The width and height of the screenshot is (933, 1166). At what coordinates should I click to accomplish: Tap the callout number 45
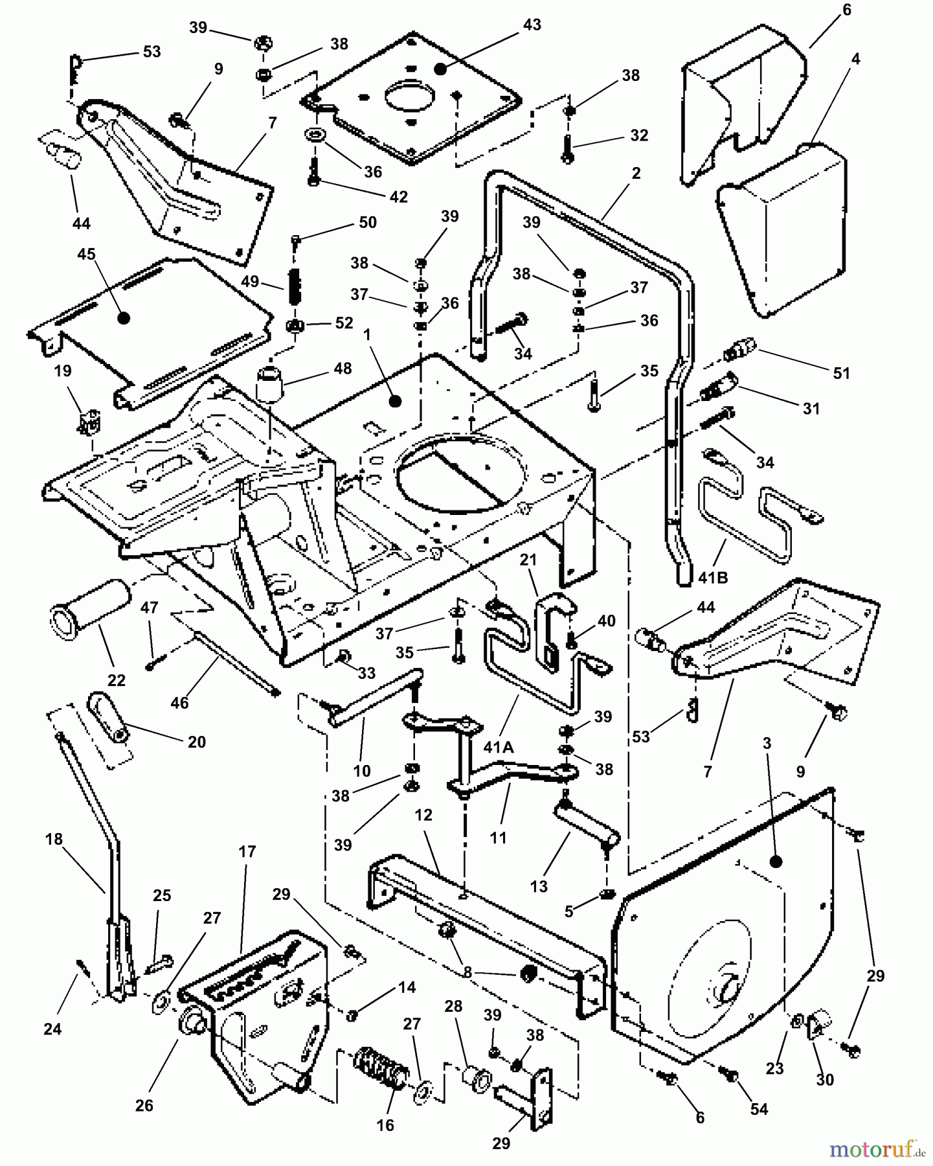point(87,253)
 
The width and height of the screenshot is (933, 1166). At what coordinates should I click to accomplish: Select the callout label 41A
point(498,747)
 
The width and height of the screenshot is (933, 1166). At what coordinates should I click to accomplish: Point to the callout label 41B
point(712,577)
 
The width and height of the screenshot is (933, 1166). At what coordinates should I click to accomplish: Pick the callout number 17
point(247,852)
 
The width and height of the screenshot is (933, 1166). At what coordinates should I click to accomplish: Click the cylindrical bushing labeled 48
point(273,384)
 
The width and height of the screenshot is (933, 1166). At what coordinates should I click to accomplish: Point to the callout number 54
point(758,1110)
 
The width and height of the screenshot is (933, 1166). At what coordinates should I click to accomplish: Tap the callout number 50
point(368,222)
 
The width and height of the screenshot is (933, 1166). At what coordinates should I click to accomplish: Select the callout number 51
point(841,373)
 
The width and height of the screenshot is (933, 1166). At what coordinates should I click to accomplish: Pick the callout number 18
point(54,839)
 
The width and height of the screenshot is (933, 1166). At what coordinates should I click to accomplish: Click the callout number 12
point(423,815)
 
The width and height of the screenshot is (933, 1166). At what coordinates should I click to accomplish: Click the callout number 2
point(636,173)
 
